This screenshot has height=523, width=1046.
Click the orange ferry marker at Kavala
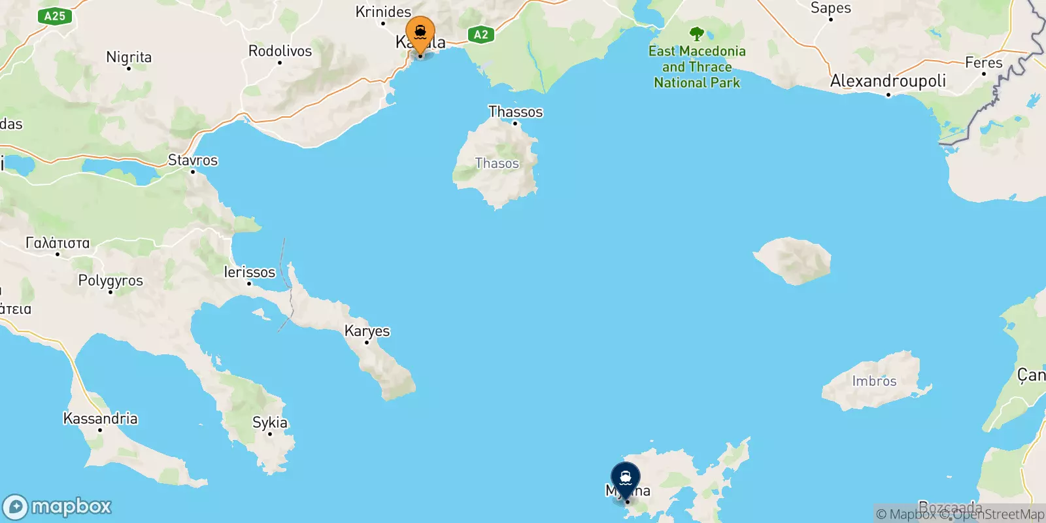420,33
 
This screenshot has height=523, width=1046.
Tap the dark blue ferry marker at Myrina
626,479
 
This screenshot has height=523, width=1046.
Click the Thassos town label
515,112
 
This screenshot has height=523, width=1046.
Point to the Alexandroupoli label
888,81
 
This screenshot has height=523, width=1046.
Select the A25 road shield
55,16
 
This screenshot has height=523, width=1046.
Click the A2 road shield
481,35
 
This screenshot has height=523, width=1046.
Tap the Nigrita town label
129,58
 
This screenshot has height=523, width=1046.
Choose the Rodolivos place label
280,51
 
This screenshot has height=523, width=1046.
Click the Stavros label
193,160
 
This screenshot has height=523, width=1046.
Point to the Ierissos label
250,272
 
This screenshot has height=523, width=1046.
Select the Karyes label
367,331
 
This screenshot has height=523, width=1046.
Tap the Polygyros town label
110,280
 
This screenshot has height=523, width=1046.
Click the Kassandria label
100,418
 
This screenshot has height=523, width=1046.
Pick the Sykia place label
270,422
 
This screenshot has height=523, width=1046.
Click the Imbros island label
874,381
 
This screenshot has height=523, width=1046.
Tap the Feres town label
983,63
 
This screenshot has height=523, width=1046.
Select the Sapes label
830,8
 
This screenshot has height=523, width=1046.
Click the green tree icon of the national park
696,34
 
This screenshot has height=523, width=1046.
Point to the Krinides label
383,12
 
